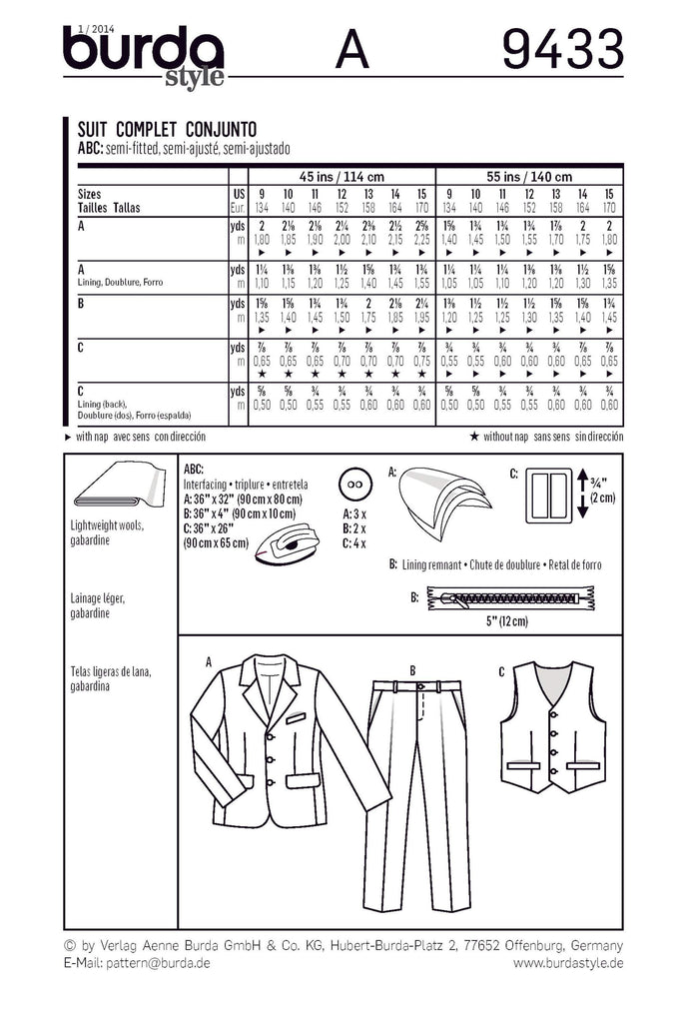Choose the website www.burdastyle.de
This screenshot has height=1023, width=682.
point(568,962)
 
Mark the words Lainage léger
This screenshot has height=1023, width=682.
point(100,596)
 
